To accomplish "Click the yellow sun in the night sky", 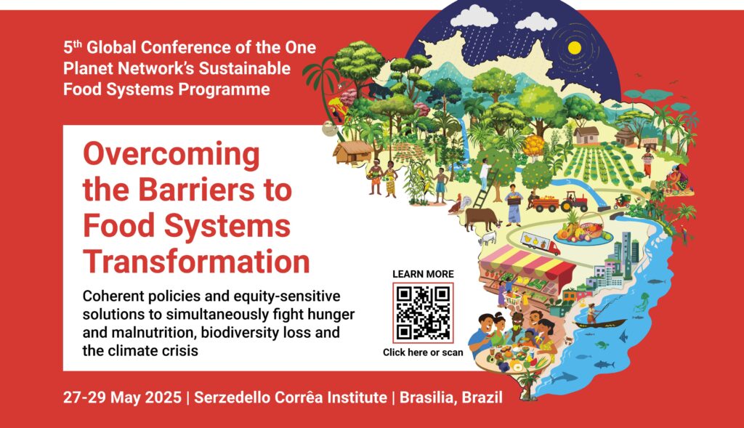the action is click(575, 48).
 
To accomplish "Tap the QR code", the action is click(423, 312).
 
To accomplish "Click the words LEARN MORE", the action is click(423, 274).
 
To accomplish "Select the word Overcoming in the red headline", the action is click(171, 156).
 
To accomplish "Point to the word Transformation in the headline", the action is click(196, 262).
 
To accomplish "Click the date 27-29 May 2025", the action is click(122, 397).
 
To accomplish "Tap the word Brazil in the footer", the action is click(482, 397).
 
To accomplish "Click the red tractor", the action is click(574, 202).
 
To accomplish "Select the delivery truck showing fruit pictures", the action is click(540, 243).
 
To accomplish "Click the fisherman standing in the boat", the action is click(591, 313).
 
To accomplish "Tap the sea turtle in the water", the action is click(602, 345).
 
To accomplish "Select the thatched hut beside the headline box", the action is click(352, 152).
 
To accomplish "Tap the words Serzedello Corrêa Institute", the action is click(291, 397).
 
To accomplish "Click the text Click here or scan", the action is click(423, 352).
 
